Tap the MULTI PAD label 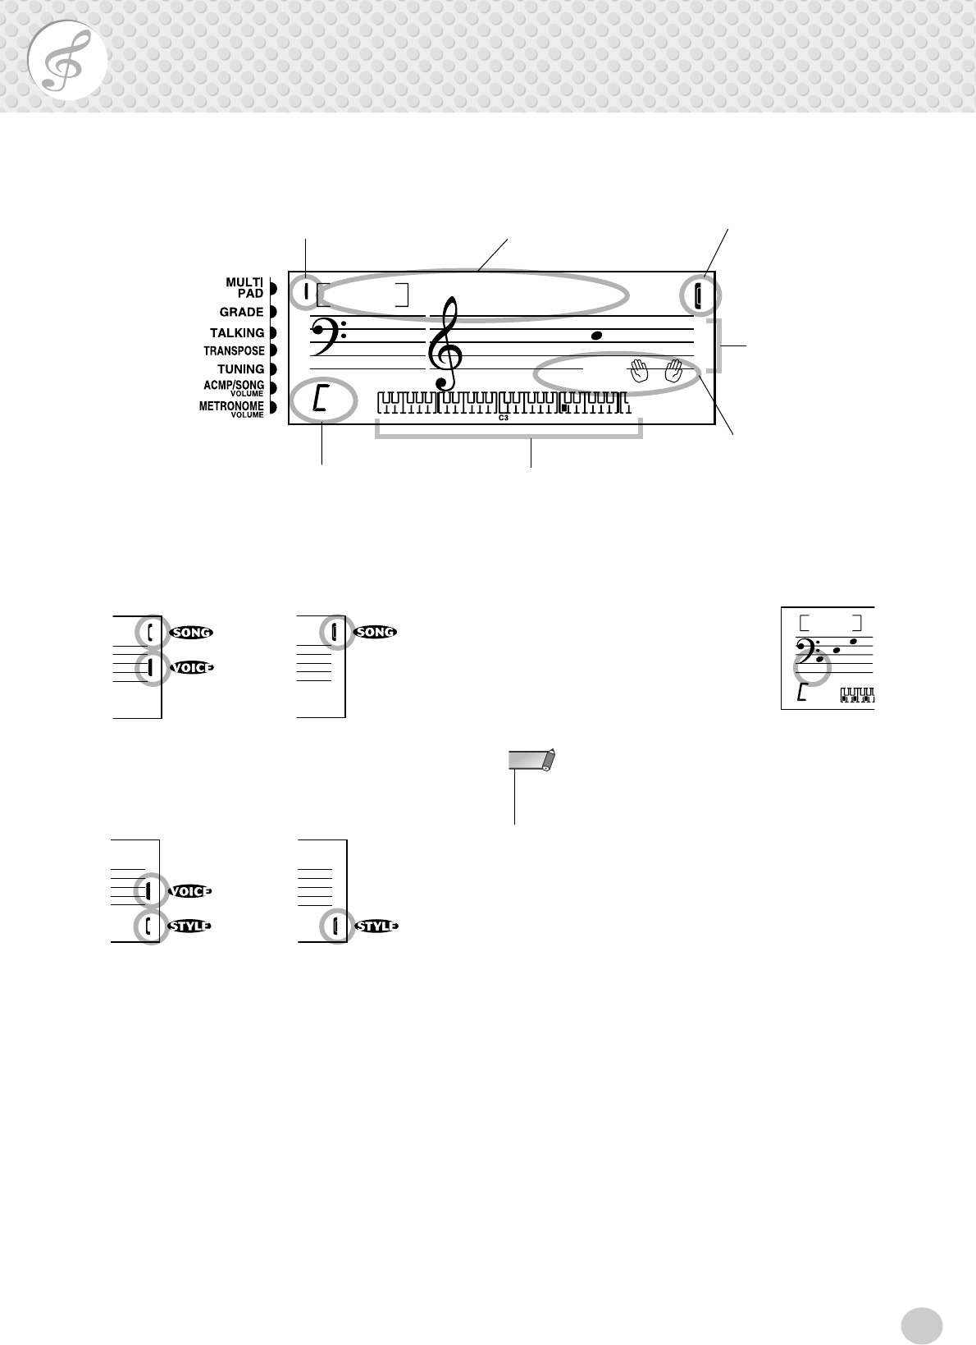[x=244, y=287]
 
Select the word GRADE [x=241, y=313]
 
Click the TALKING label [x=237, y=333]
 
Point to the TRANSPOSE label [x=234, y=351]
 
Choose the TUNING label [x=240, y=369]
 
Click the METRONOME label [x=232, y=406]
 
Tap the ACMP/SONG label [x=234, y=385]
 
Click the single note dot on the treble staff [x=597, y=335]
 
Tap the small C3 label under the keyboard [x=504, y=419]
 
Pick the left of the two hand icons [x=639, y=371]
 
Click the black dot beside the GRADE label [x=274, y=313]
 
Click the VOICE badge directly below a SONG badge [x=191, y=668]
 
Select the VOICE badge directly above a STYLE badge [x=190, y=891]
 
